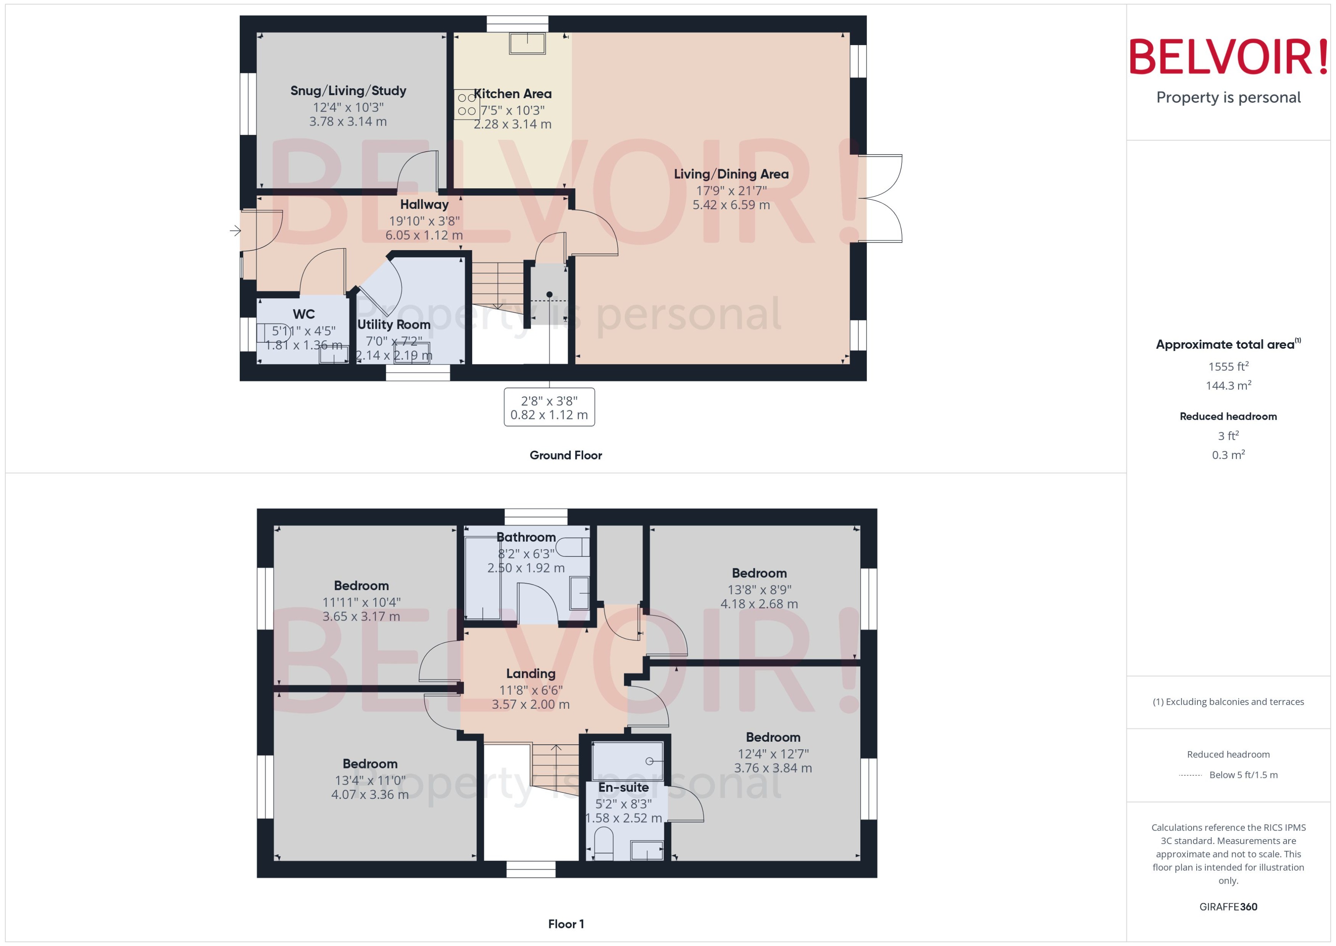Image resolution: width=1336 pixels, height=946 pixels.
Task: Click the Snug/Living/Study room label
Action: point(348,91)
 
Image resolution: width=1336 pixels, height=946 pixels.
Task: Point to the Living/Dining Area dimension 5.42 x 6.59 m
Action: point(731,205)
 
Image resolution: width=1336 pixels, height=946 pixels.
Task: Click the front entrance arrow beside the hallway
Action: point(235,231)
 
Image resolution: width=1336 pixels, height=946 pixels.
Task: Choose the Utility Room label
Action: point(394,325)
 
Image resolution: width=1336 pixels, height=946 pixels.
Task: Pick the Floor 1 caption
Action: point(566,924)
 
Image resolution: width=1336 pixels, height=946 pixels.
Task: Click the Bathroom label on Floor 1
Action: point(526,537)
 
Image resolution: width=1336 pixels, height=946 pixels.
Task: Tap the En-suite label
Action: point(623,788)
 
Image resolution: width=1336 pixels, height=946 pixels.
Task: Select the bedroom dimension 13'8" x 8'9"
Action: point(759,590)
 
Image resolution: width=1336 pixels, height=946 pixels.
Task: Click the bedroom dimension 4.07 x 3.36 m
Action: point(370,794)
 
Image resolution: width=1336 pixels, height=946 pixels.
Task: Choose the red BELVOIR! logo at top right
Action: point(1228,57)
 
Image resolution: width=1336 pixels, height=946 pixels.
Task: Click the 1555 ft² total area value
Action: point(1228,366)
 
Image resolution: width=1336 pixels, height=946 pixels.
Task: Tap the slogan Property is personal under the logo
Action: point(1228,97)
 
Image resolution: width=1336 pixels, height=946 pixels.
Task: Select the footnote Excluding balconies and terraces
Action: point(1228,702)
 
